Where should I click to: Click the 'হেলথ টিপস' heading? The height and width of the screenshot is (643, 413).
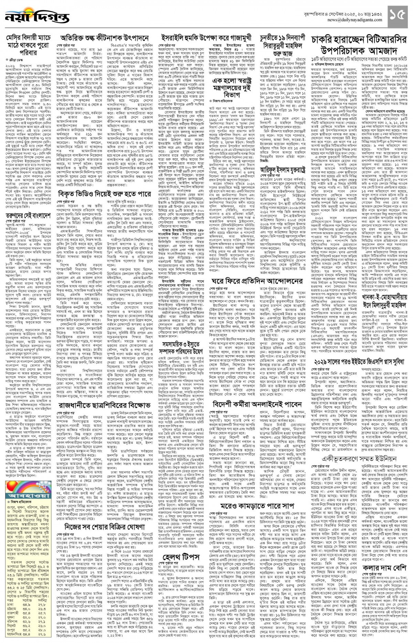coord(181,557)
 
